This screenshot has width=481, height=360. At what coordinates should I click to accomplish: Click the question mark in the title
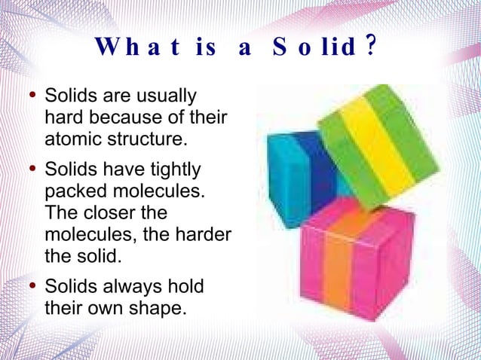369,48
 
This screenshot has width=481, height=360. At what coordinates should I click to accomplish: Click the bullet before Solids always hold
30,285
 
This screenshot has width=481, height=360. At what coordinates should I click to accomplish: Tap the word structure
145,139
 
